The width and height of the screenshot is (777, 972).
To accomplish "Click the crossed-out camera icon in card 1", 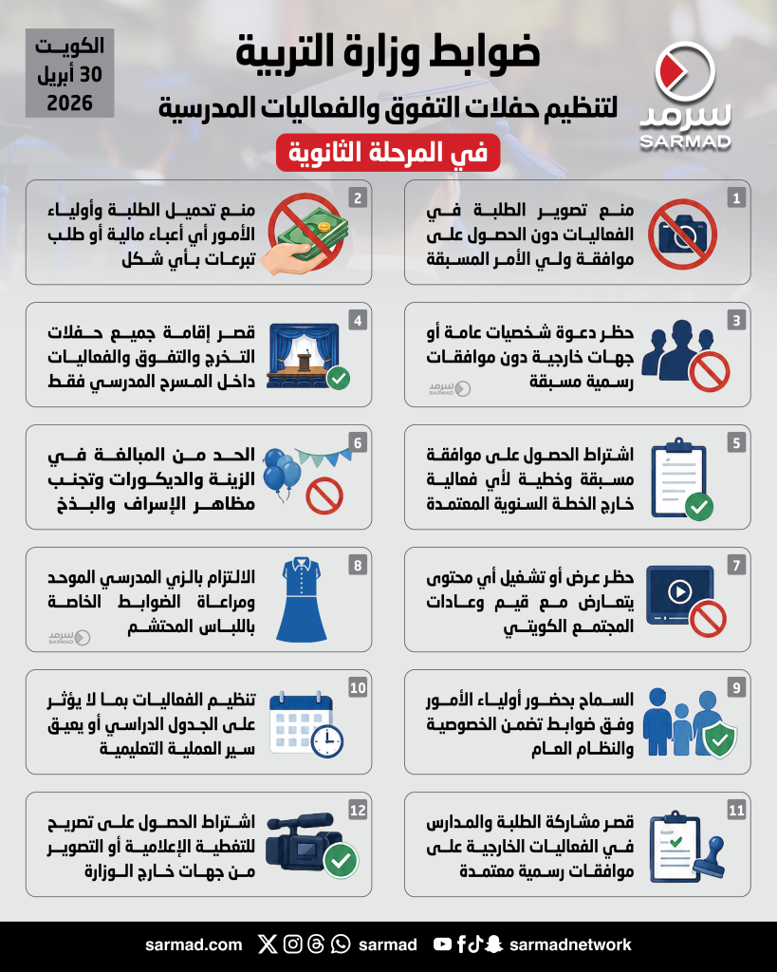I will coord(682,233).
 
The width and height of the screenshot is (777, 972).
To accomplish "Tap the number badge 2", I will coord(357,198).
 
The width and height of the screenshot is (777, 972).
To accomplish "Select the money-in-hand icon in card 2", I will coord(308,234).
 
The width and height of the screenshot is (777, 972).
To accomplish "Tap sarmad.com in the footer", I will coord(194,944).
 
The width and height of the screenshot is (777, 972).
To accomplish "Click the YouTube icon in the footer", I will coord(442,944).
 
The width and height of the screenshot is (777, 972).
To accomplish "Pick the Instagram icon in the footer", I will coord(293,944).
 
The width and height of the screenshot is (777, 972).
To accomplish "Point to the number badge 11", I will coord(735,811).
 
